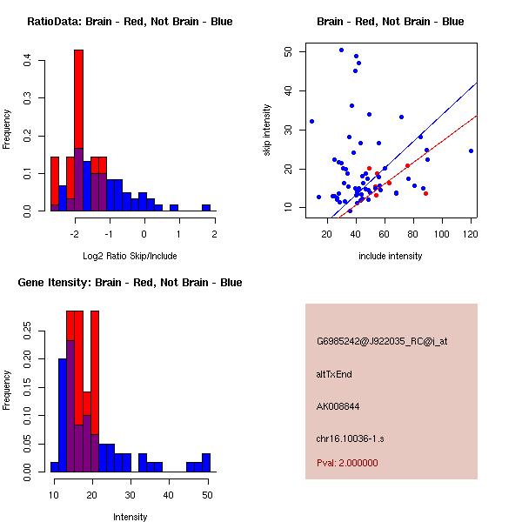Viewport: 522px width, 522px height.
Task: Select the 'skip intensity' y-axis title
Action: [x=268, y=130]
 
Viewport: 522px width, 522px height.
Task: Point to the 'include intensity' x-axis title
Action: [x=391, y=256]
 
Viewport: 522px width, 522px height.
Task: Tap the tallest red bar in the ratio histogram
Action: [x=78, y=130]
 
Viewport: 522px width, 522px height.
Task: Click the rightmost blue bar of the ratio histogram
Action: [x=206, y=208]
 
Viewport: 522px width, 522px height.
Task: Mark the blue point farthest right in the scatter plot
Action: [x=471, y=151]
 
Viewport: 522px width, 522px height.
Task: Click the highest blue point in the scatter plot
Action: [x=341, y=50]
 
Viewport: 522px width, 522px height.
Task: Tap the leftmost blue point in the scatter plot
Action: [x=311, y=121]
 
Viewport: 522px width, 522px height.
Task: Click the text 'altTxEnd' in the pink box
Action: [x=333, y=374]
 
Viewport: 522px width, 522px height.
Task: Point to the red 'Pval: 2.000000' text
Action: [x=347, y=463]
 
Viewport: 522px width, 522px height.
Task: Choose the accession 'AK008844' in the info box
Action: [x=338, y=405]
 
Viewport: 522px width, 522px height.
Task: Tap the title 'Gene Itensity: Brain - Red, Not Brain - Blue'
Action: [x=130, y=283]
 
